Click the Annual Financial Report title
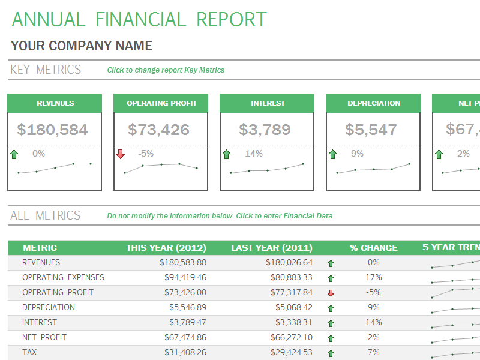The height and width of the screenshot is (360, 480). click(x=139, y=19)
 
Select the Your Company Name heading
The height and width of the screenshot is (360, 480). click(x=82, y=46)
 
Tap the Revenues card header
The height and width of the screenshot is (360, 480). click(x=55, y=103)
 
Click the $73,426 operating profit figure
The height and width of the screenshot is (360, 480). click(x=158, y=130)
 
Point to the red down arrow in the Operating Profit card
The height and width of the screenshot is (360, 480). click(x=120, y=154)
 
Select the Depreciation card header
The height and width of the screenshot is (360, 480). click(x=374, y=103)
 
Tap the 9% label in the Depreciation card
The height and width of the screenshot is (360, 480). click(x=357, y=154)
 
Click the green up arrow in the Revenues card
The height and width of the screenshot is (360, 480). click(x=14, y=154)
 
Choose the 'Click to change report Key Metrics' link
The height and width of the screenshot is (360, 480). click(x=166, y=70)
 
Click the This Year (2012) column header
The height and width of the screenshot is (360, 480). click(x=166, y=248)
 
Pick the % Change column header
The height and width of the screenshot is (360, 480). click(x=374, y=248)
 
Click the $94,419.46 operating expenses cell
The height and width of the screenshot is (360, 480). click(x=185, y=278)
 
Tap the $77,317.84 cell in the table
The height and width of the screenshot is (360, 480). click(x=289, y=293)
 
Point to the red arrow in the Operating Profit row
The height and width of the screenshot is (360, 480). click(x=331, y=293)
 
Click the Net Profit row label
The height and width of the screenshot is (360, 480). click(x=44, y=338)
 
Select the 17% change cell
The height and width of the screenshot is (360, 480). click(x=374, y=278)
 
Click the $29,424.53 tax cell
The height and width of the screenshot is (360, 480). click(x=289, y=353)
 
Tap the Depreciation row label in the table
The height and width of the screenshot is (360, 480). click(x=49, y=308)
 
